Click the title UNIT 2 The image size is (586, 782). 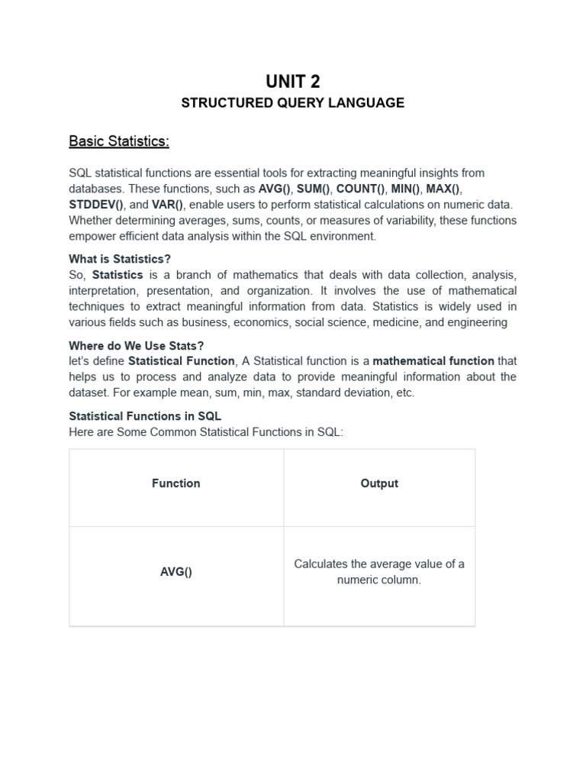tap(293, 81)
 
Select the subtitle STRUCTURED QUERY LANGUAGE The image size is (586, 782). tap(293, 103)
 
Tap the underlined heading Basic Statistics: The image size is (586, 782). tap(119, 141)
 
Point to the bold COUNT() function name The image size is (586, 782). tap(361, 189)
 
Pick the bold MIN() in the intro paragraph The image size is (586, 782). tap(406, 189)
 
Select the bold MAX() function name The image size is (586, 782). tap(444, 189)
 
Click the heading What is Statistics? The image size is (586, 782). tap(120, 259)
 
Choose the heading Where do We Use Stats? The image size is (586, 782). tap(137, 345)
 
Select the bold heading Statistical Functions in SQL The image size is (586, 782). tap(145, 416)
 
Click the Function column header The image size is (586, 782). tap(176, 483)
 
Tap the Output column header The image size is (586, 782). tap(379, 483)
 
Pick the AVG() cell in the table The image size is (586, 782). tap(176, 572)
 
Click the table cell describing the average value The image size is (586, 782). tap(379, 572)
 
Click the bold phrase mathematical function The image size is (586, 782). tap(433, 360)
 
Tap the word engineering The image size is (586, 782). tap(478, 322)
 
